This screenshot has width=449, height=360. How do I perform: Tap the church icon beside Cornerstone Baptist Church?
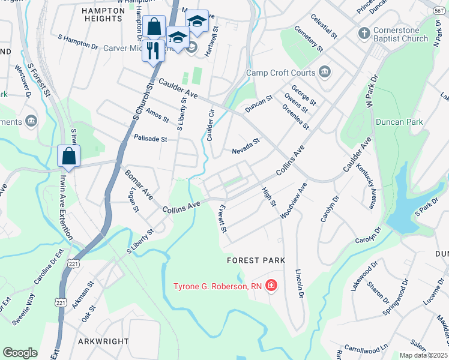click(x=363, y=32)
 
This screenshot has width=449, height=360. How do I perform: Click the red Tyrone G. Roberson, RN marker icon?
click(x=271, y=285)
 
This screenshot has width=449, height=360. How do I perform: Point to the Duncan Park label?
click(x=399, y=122)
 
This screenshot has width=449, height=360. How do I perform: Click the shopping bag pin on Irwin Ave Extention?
click(x=69, y=156)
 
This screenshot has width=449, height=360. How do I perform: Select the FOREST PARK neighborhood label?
click(x=256, y=260)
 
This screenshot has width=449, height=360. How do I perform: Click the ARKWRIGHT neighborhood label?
click(x=103, y=341)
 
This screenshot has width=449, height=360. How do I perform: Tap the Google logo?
click(x=20, y=353)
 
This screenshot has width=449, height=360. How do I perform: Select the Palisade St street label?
click(x=151, y=139)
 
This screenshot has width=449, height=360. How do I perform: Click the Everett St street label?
click(x=223, y=218)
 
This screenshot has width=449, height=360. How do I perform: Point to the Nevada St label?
click(x=246, y=146)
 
